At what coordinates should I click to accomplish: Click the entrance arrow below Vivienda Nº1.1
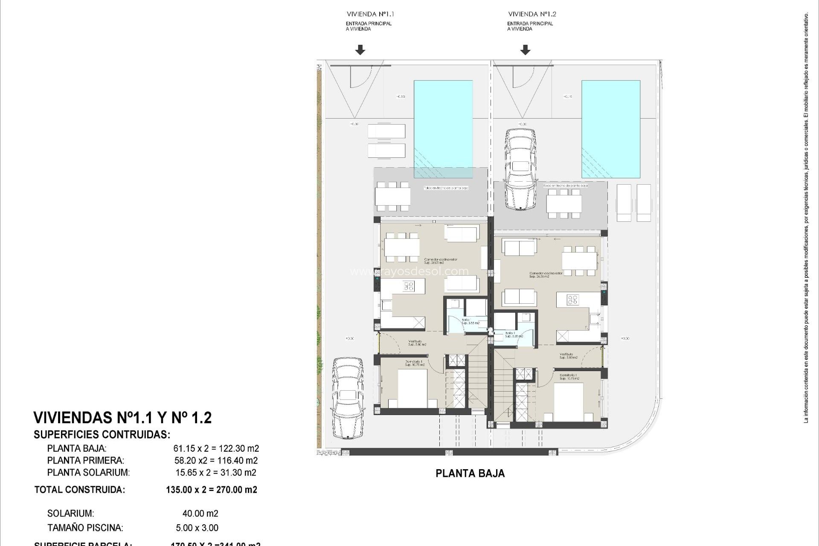point(360,50)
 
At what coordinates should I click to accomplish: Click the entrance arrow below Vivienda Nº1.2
point(526,50)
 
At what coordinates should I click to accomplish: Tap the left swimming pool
point(443,128)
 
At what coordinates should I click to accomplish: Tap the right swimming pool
point(611,128)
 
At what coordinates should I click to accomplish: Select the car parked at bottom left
point(348,398)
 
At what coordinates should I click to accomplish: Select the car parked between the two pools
point(520,169)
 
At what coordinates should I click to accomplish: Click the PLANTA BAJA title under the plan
point(470,473)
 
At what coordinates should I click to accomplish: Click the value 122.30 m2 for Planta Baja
point(239,449)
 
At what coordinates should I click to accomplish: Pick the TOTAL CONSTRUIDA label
point(80,490)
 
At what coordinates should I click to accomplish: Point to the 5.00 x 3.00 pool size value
point(197,528)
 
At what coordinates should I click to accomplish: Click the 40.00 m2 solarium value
point(200,514)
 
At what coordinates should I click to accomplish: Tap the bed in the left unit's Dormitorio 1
point(412,388)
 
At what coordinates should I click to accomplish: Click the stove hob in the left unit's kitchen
point(110,286)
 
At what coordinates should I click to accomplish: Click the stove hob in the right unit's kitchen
point(572,300)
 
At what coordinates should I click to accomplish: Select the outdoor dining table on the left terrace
point(393,197)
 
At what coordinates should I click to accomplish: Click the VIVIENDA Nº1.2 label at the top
point(532,14)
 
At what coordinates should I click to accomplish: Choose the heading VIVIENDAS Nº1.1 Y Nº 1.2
point(122,418)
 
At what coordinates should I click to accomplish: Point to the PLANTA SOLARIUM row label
point(88,473)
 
